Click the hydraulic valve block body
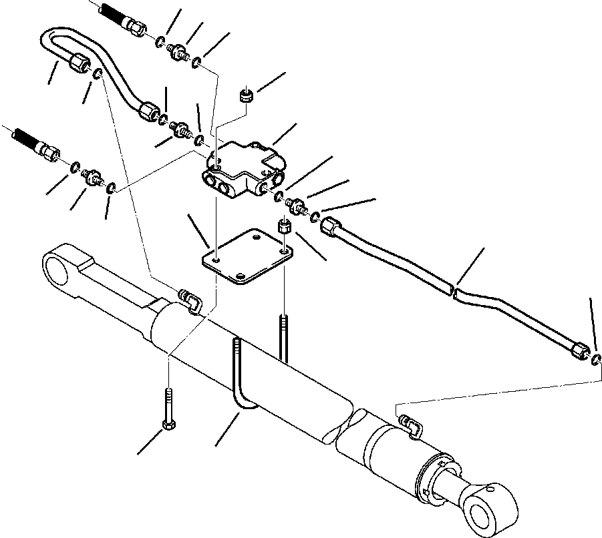pyautogui.click(x=241, y=170)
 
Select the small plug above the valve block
pyautogui.click(x=245, y=97)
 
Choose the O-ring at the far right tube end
pyautogui.click(x=595, y=361)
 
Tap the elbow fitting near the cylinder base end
pyautogui.click(x=189, y=300)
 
